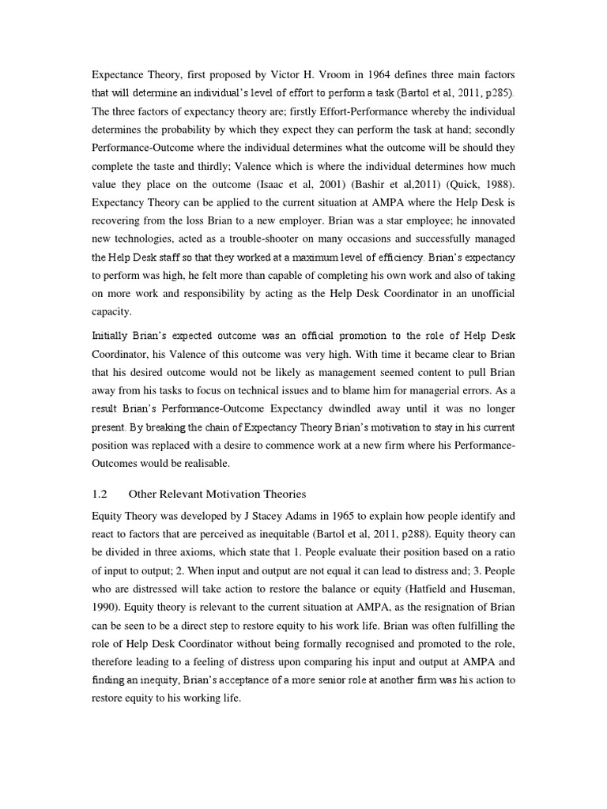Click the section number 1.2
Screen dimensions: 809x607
(x=100, y=495)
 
